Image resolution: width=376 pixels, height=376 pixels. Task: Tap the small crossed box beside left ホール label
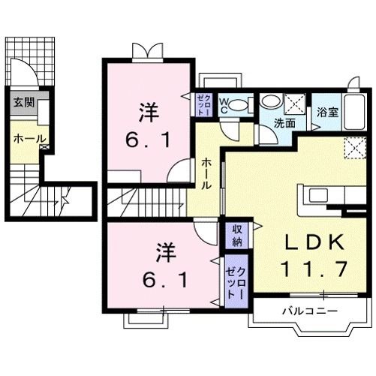point(46,148)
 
